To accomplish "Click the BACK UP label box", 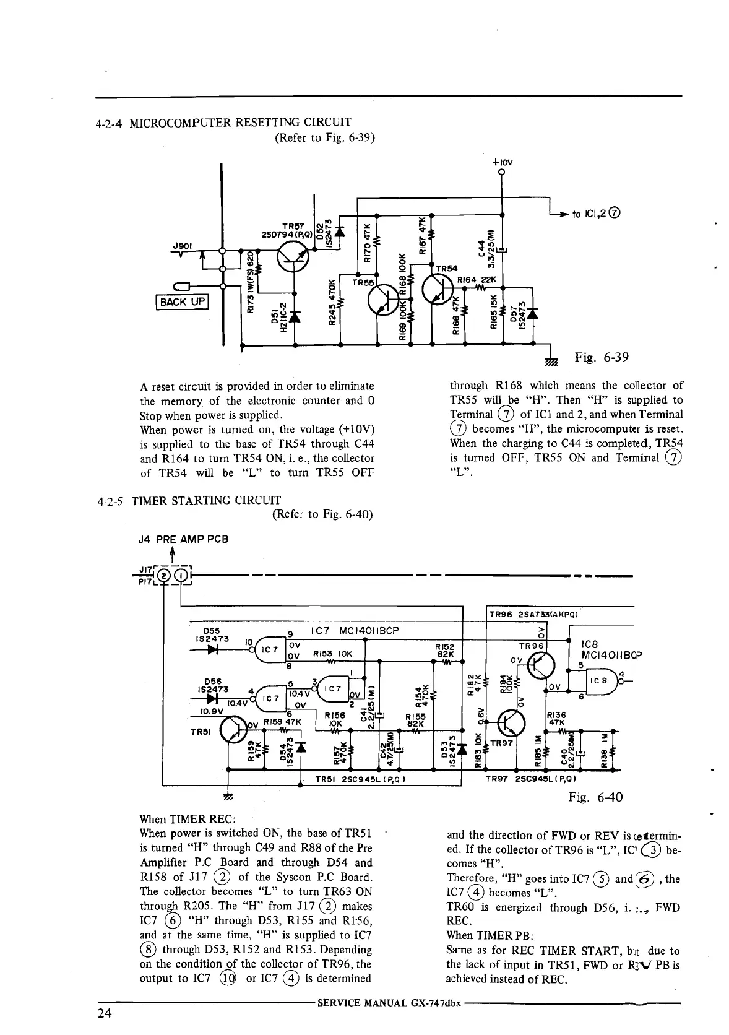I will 182,302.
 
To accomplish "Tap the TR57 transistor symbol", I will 293,256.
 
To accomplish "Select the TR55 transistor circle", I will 384,301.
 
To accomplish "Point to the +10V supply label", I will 503,163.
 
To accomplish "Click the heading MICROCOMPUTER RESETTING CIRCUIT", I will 241,122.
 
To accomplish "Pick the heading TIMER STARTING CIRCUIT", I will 206,500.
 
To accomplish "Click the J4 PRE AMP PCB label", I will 183,539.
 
